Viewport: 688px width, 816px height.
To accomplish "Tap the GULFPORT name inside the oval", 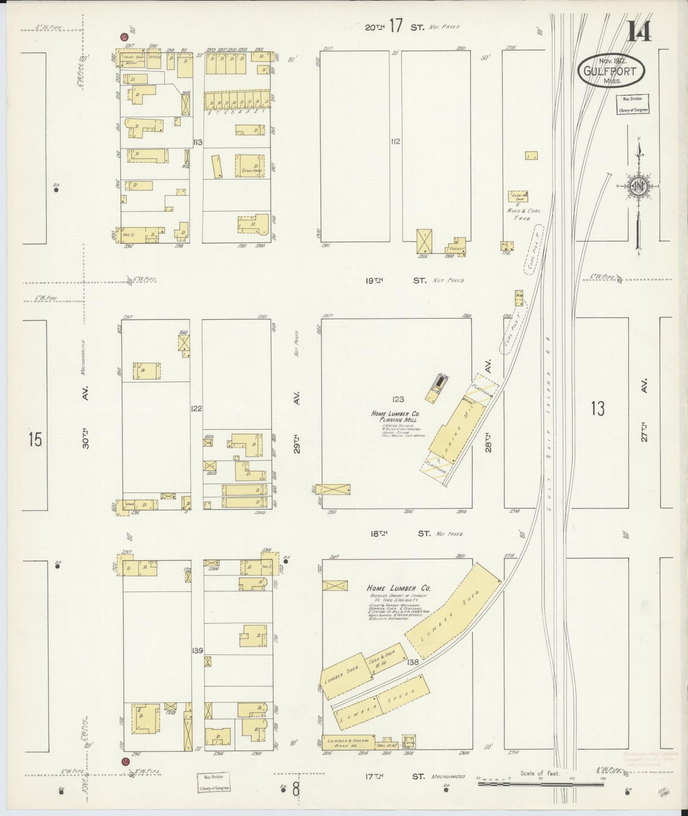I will pyautogui.click(x=611, y=71).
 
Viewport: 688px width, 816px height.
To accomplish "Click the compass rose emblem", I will pyautogui.click(x=639, y=186).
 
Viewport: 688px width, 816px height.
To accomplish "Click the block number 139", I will pyautogui.click(x=197, y=650).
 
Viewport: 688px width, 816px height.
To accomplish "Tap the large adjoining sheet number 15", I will pyautogui.click(x=35, y=439).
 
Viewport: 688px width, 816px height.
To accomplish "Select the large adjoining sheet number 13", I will pyautogui.click(x=598, y=409).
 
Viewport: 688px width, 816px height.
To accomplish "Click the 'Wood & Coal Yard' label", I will pyautogui.click(x=524, y=214).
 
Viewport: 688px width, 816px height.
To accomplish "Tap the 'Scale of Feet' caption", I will pyautogui.click(x=539, y=773).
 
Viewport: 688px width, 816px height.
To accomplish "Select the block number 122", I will pyautogui.click(x=197, y=408).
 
